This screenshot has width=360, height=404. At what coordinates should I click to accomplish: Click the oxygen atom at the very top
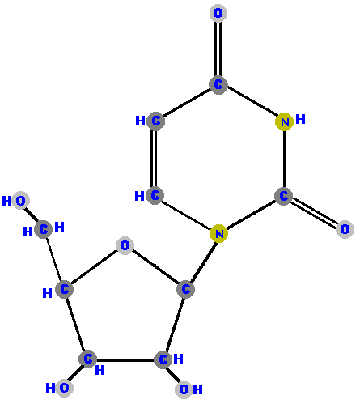[x=218, y=13]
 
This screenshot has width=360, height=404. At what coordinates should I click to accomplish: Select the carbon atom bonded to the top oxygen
[x=218, y=84]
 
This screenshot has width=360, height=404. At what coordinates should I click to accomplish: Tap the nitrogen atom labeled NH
[x=285, y=122]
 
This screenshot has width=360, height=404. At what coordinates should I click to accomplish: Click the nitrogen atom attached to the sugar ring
[x=219, y=233]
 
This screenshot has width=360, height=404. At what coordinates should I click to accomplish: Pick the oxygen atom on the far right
[x=345, y=229]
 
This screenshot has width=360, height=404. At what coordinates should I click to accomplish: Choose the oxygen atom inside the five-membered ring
[x=125, y=245]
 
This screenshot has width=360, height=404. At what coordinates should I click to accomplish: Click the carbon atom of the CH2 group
[x=44, y=229]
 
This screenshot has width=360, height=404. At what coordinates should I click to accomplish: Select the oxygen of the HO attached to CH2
[x=20, y=201]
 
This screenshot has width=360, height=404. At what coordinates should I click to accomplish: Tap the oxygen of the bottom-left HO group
[x=64, y=388]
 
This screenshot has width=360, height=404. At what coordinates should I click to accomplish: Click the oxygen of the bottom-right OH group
[x=184, y=389]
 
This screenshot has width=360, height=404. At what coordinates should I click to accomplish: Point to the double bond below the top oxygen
[x=218, y=49]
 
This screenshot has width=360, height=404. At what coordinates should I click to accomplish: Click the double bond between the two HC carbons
[x=154, y=158]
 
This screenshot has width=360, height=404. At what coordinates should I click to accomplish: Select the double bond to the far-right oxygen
[x=315, y=213]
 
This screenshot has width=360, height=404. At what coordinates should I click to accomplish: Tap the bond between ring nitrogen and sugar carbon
[x=203, y=261]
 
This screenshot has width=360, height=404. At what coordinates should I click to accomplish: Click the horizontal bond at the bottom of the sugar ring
[x=125, y=360]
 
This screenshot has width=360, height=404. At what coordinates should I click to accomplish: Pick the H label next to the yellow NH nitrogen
[x=300, y=119]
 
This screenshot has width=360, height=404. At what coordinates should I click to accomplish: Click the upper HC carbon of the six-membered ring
[x=155, y=121]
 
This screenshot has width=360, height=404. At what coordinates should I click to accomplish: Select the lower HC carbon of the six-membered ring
[x=155, y=195]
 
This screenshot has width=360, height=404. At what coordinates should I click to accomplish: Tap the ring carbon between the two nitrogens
[x=284, y=196]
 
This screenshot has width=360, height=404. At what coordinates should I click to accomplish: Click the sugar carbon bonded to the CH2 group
[x=64, y=289]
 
